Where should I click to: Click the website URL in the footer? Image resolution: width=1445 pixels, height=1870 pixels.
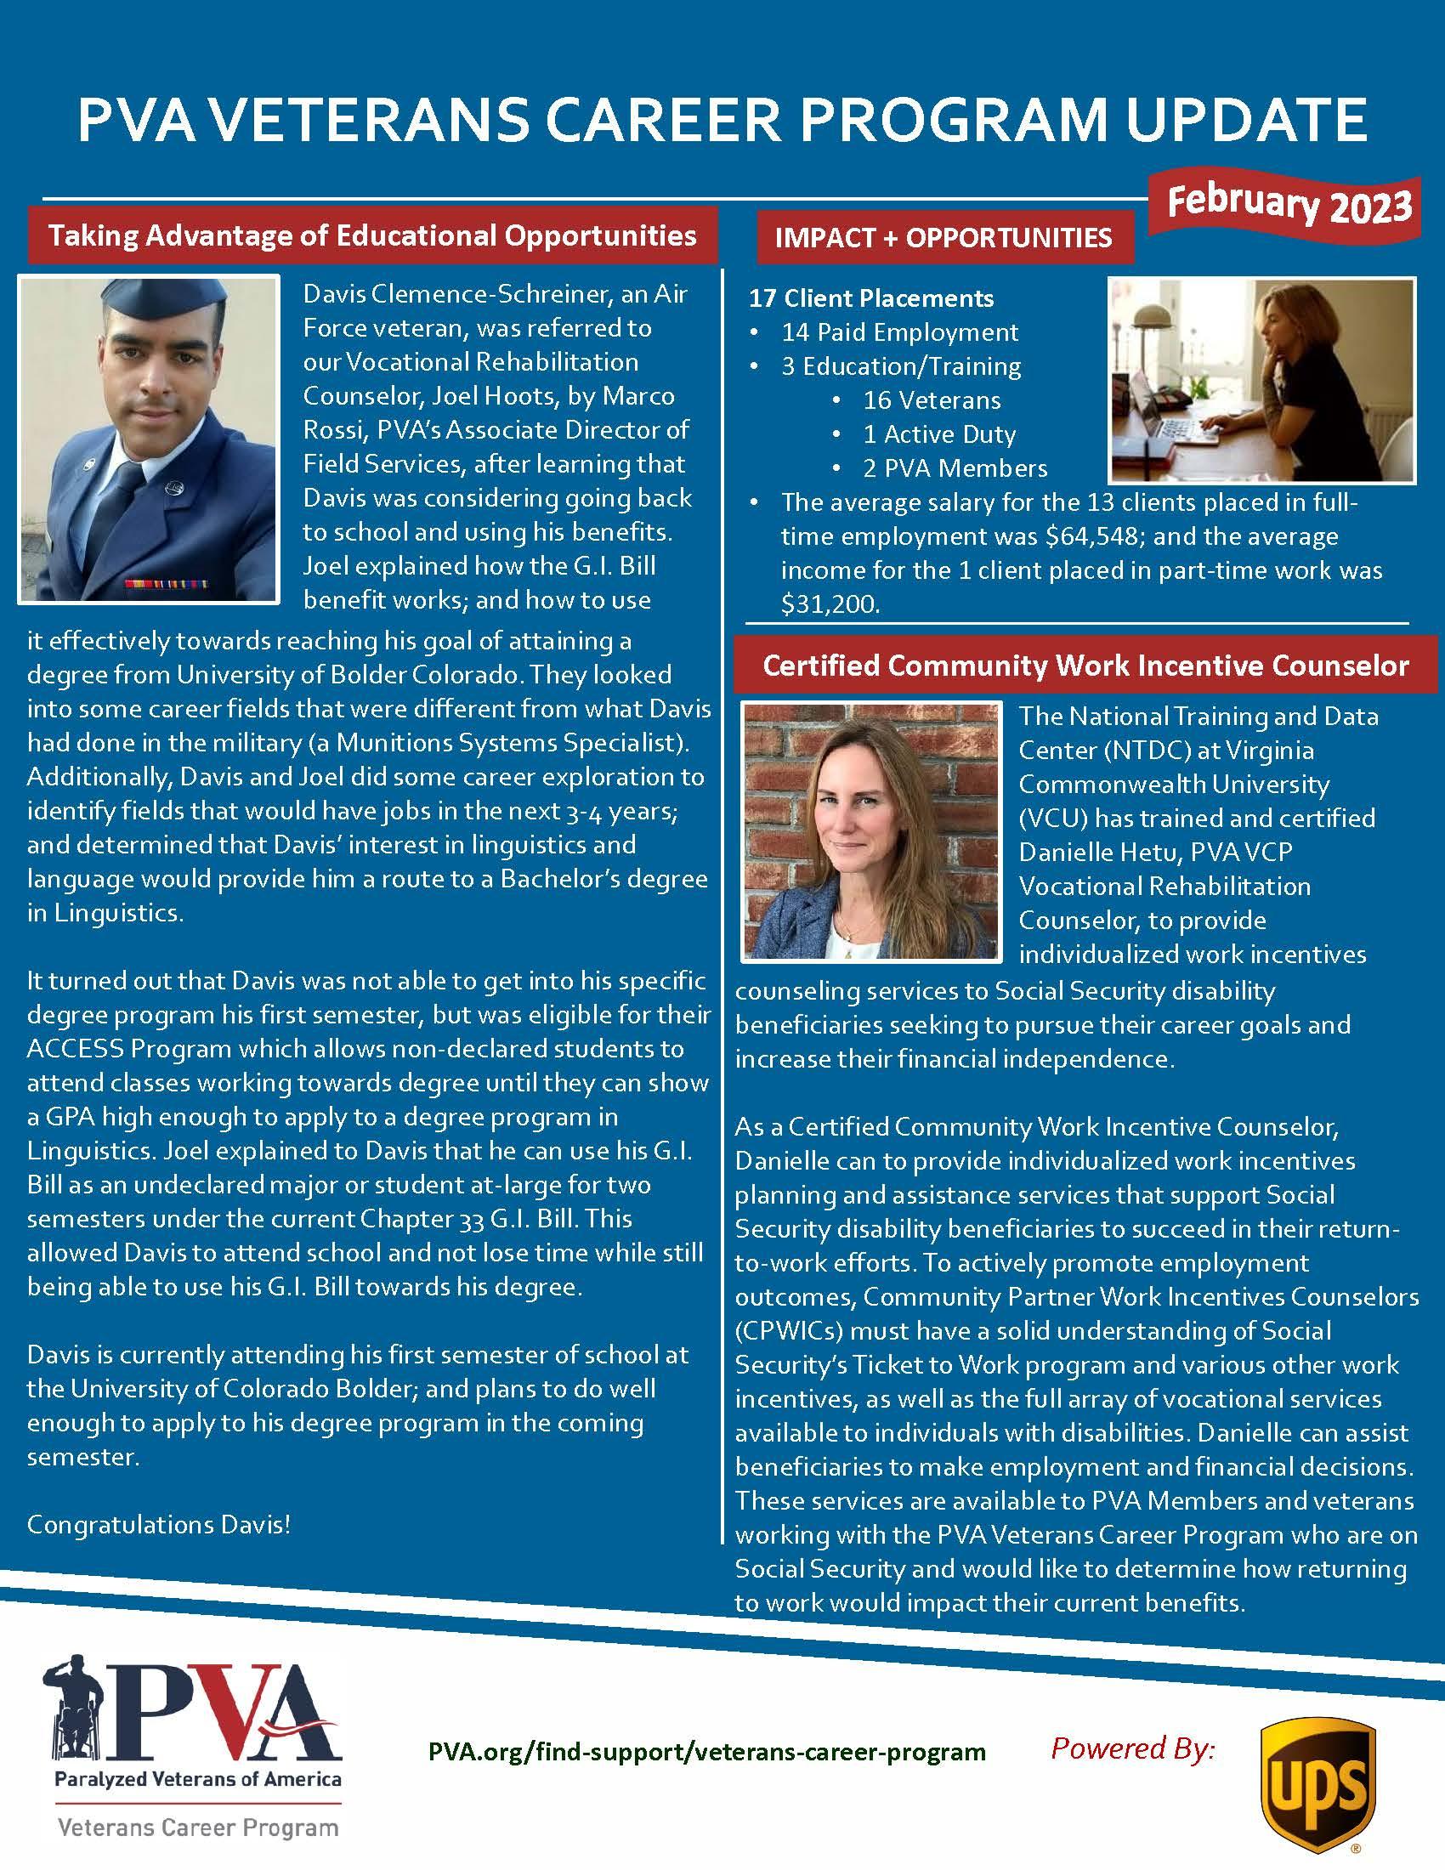point(707,1751)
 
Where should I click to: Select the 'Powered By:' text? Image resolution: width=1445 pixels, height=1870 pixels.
point(1132,1747)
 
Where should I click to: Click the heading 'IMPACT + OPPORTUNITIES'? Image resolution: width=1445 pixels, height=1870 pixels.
point(943,238)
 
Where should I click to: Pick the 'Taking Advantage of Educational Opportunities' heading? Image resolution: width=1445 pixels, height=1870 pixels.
point(372,235)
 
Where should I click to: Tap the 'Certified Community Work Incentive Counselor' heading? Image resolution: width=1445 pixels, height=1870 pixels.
point(1085,666)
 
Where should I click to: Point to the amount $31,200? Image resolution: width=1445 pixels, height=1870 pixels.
point(830,604)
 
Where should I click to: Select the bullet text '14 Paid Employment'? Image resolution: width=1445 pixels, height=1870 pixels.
point(899,332)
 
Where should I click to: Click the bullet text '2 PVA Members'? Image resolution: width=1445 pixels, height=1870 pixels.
point(955,468)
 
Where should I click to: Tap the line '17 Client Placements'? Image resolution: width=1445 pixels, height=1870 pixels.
point(871,298)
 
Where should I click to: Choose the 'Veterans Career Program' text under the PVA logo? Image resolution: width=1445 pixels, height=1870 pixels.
point(198,1827)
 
